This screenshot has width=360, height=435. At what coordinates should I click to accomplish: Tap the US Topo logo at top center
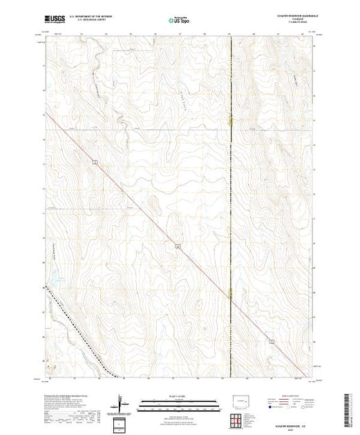(x=180, y=20)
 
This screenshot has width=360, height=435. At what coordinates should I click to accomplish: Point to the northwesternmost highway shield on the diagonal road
(x=94, y=162)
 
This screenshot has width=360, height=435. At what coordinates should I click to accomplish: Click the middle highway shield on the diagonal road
(x=178, y=246)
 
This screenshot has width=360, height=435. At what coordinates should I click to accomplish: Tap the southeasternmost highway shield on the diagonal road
(x=272, y=341)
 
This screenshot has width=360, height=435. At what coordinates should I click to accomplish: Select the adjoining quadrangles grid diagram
(x=241, y=420)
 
